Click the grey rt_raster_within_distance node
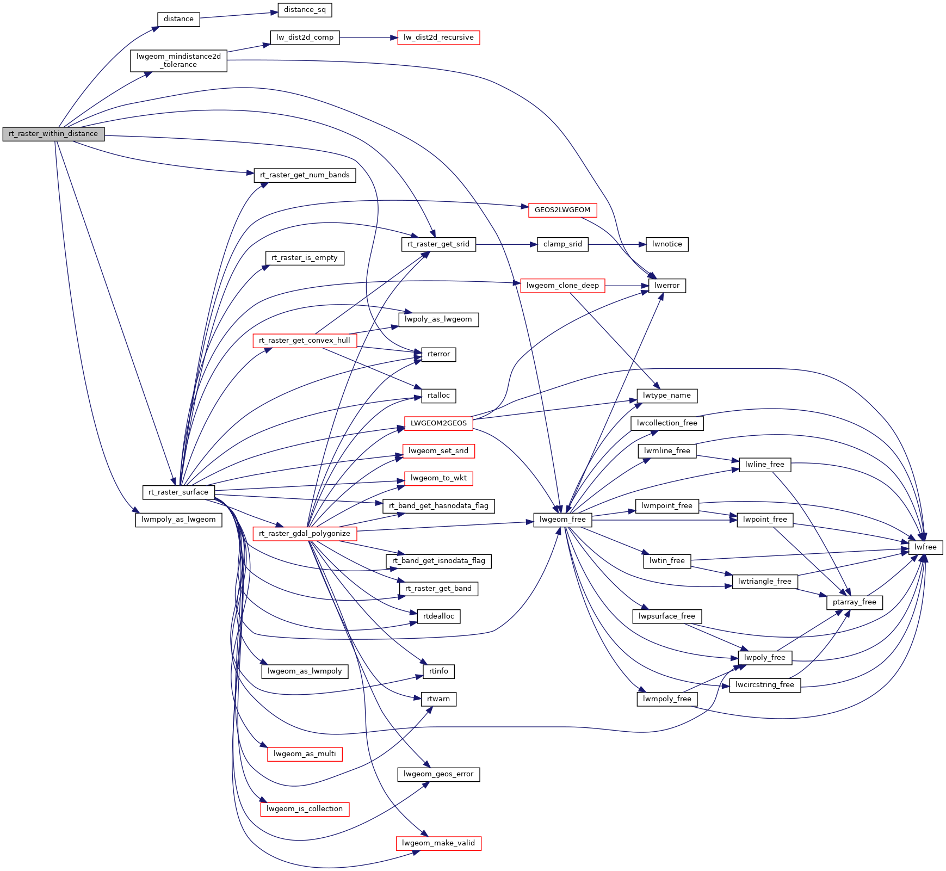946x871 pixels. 53,134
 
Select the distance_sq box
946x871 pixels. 305,10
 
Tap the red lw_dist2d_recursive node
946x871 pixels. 438,38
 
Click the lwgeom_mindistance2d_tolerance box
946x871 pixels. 178,60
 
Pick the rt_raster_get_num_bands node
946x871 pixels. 305,175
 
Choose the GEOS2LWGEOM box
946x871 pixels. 562,210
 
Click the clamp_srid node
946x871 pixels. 562,244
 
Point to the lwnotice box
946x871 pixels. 667,244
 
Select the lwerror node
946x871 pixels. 667,286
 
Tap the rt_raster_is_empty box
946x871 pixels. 305,258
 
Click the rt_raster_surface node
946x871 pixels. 178,492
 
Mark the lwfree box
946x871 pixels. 925,547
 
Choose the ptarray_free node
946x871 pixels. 854,602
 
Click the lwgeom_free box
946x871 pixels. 562,520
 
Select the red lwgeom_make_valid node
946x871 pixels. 438,843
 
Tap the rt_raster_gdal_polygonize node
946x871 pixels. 305,534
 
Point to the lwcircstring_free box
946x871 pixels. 764,685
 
